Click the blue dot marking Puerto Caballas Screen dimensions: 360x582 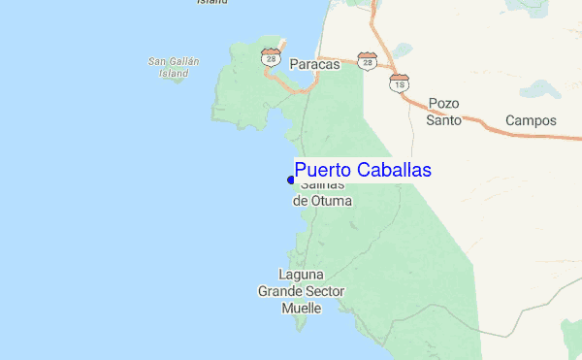click(291, 180)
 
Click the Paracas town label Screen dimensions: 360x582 click(314, 65)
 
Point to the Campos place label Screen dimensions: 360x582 click(531, 121)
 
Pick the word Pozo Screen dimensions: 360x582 click(443, 104)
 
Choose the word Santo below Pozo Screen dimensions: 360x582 click(442, 121)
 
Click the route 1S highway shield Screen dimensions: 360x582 click(399, 83)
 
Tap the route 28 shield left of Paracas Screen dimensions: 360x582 click(270, 58)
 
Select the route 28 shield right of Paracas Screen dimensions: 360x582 click(366, 61)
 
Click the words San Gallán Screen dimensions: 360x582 click(174, 61)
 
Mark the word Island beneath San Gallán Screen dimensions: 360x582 click(174, 73)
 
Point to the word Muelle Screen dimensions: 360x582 click(301, 308)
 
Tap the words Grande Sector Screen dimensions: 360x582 click(301, 291)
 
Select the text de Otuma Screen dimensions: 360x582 click(322, 201)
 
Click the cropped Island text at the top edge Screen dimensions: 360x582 click(211, 2)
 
